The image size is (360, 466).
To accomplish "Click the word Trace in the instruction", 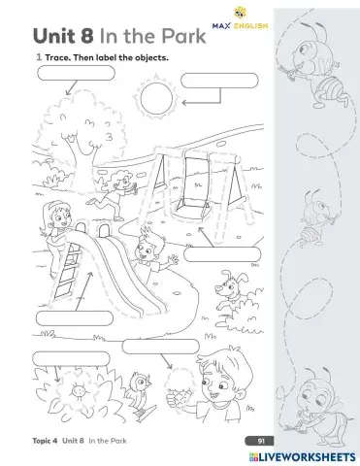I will pos(59,58).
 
